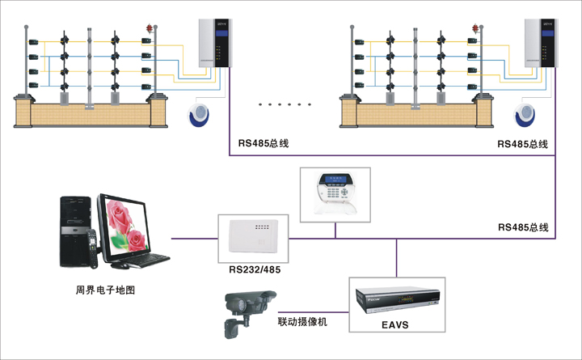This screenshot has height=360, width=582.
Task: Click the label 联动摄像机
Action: [x=302, y=322]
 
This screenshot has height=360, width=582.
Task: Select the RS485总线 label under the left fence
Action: [x=264, y=143]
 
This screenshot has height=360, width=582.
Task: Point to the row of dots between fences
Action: [x=283, y=104]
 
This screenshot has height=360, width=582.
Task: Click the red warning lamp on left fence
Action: [x=148, y=28]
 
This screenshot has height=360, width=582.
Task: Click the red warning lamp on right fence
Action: [x=473, y=28]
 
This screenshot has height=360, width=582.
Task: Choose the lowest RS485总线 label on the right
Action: [x=523, y=228]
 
